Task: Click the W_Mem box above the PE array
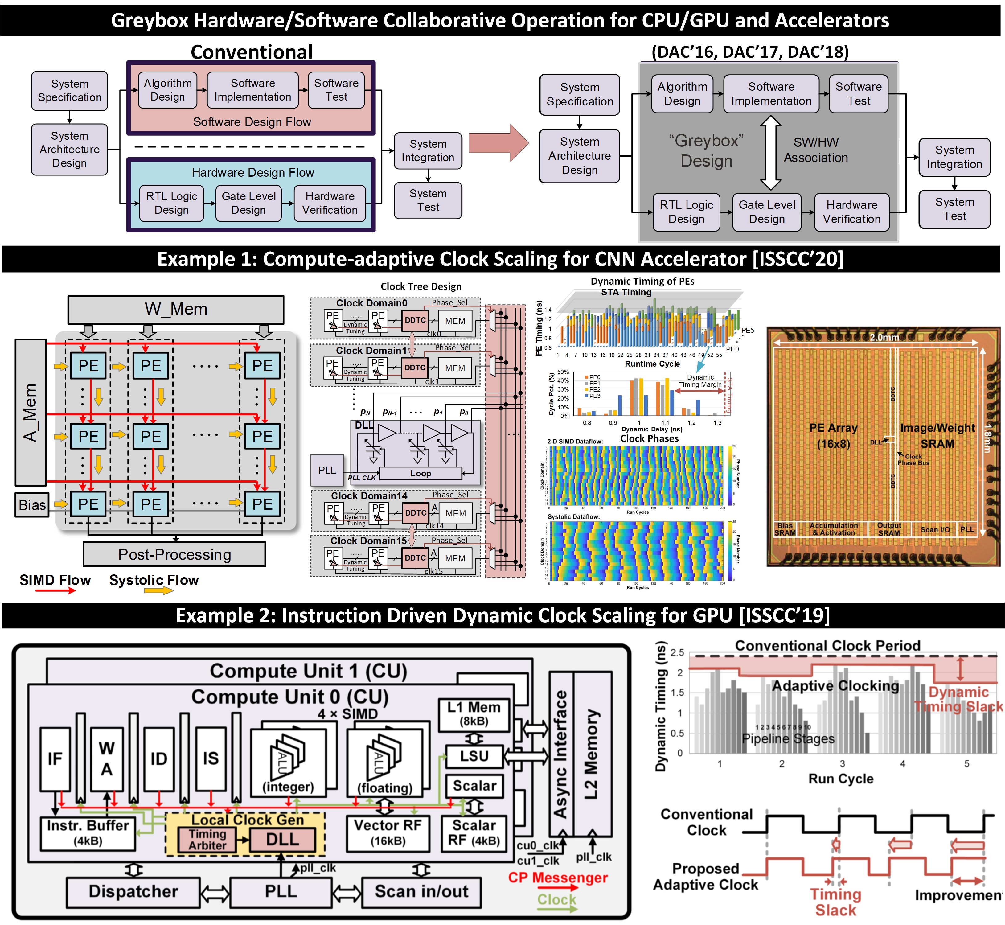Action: (x=176, y=309)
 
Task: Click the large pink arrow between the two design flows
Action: (x=498, y=143)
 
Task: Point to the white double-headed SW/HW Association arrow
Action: (x=770, y=153)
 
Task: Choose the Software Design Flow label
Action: (x=252, y=121)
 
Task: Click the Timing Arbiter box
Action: (x=207, y=839)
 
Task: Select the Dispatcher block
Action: (x=133, y=891)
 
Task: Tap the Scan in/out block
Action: (x=421, y=891)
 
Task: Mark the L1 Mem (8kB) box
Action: (x=474, y=714)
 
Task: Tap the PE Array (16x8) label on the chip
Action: (x=833, y=435)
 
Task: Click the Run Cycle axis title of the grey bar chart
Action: (x=841, y=779)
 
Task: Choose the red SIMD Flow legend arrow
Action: (x=55, y=591)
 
